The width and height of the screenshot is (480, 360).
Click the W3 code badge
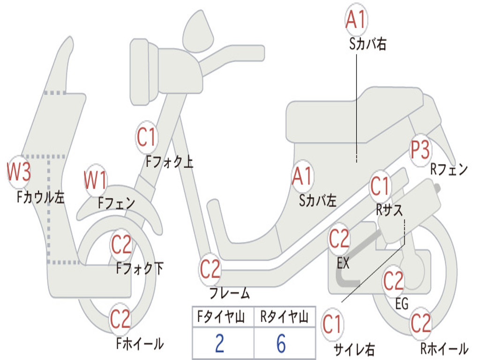[19, 172]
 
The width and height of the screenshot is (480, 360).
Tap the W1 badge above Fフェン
[96, 180]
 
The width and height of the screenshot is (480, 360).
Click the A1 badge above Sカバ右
[356, 19]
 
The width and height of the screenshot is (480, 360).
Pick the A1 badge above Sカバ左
[302, 176]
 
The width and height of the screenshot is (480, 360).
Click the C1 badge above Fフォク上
[146, 137]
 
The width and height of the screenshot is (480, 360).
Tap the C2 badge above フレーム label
[210, 269]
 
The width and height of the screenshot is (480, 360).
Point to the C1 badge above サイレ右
[332, 324]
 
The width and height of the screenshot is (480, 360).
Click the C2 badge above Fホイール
[120, 319]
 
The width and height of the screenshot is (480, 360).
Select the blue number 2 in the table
[219, 343]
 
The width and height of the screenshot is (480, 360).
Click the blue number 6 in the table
[281, 343]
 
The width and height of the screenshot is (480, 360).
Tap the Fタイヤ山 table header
[221, 317]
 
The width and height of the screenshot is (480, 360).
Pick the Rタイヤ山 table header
[284, 317]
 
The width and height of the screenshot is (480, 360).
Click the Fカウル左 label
[41, 197]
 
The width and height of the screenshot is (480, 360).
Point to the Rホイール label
[444, 349]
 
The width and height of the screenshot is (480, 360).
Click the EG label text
[402, 304]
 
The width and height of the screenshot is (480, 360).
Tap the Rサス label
[389, 210]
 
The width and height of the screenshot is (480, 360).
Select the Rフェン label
[449, 169]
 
